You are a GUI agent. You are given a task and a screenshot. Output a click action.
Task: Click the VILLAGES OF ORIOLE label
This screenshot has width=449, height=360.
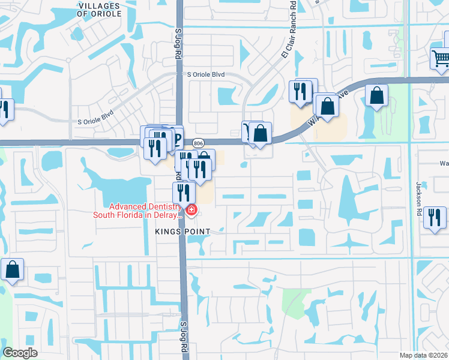(x=99, y=9)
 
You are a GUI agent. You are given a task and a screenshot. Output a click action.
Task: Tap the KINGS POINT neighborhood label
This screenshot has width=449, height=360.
(x=182, y=232)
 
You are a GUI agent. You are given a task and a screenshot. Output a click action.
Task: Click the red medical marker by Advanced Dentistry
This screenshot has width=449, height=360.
(x=191, y=210)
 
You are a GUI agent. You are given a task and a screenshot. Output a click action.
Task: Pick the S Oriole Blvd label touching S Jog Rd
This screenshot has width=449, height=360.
(x=205, y=75)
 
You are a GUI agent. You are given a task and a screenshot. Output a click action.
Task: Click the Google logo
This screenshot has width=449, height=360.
(x=20, y=353)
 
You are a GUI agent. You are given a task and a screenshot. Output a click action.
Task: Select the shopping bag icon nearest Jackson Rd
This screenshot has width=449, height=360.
(x=376, y=95)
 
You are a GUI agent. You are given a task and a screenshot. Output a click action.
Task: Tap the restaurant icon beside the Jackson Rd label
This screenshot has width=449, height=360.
(x=435, y=217)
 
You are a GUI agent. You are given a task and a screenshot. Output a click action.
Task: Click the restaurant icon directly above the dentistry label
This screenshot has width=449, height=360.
(x=183, y=191)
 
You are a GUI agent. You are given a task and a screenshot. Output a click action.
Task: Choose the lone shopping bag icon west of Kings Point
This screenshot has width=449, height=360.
(x=13, y=270)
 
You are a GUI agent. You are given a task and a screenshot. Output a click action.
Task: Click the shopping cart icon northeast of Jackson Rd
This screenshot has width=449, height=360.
(x=440, y=58)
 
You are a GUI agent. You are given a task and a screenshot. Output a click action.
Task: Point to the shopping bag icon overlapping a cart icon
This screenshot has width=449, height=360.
(x=261, y=133)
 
